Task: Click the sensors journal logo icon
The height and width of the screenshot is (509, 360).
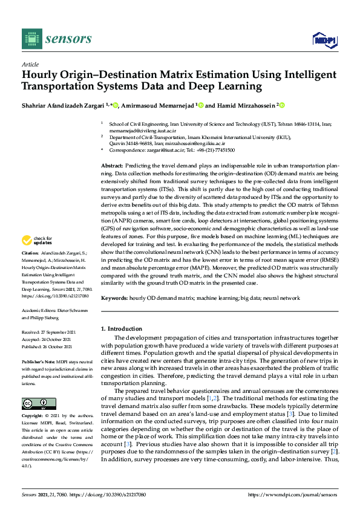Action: click(x=30, y=39)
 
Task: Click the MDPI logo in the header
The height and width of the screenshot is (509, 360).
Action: click(x=324, y=39)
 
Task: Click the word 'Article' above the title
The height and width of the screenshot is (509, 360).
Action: click(x=30, y=64)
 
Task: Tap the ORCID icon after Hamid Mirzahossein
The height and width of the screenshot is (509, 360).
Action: click(x=281, y=105)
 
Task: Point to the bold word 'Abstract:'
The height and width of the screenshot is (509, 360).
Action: click(x=112, y=165)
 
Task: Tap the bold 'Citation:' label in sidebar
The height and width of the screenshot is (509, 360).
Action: click(x=30, y=268)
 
